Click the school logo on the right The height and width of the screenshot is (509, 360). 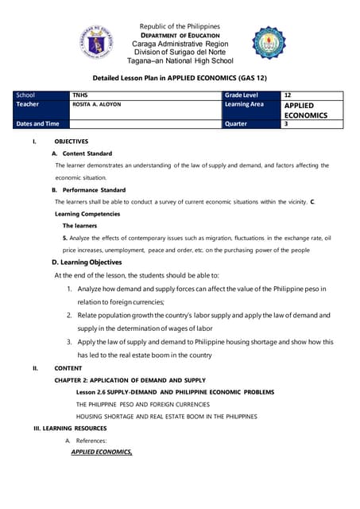coord(273,42)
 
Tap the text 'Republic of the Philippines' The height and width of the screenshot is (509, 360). coord(180,16)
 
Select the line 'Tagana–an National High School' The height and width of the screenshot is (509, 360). coord(180,60)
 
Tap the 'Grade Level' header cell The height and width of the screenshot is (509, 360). coord(242,95)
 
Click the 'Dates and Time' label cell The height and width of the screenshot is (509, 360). coord(37,124)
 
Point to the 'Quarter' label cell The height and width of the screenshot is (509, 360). coord(237,124)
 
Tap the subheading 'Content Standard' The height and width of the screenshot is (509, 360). coord(87,153)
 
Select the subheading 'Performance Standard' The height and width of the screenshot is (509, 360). coord(93,190)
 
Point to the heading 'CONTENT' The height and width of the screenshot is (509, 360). coord(68,368)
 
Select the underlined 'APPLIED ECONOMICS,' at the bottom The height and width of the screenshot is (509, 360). coord(102,452)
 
